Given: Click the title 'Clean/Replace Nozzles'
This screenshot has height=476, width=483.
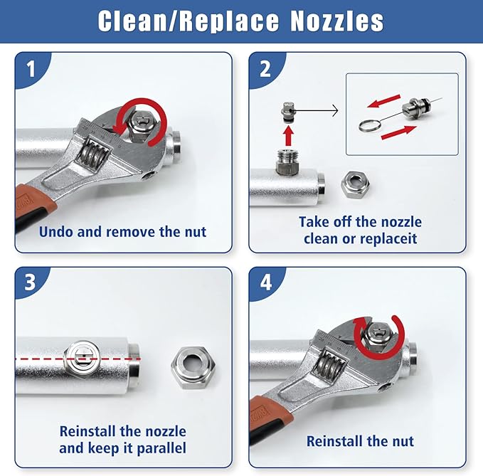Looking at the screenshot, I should tap(241, 21).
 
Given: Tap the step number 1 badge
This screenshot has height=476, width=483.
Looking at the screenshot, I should tap(30, 69).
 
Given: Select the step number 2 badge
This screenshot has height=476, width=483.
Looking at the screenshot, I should tap(265, 69).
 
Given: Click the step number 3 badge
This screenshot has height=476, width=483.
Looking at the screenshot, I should tap(30, 282).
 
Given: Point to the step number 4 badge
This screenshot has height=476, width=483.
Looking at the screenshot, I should tap(265, 282).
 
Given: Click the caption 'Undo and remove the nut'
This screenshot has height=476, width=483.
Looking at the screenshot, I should tap(123, 231).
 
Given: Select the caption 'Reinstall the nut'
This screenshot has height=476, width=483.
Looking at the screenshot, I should tap(360, 442).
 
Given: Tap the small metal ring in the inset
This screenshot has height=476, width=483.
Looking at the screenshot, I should tap(370, 122).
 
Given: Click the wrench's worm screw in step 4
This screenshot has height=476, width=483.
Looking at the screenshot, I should tap(328, 368).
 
